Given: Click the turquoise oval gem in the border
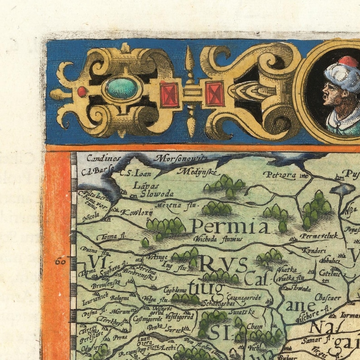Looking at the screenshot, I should point(122,88).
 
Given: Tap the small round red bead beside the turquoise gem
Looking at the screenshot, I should point(82,92).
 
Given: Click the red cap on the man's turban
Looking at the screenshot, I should point(348,62).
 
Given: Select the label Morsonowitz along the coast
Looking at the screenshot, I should point(180,158).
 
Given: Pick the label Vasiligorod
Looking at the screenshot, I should point(180,316).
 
